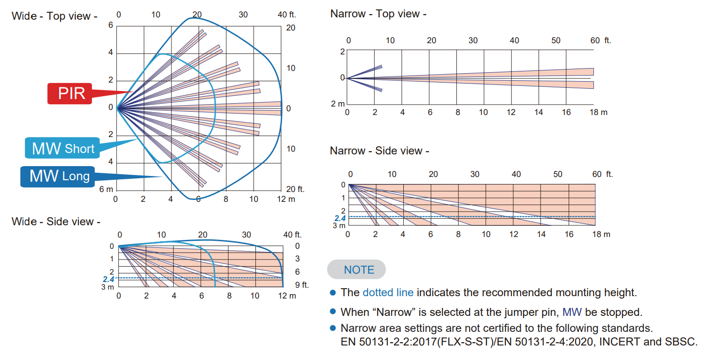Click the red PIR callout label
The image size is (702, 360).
tap(71, 93)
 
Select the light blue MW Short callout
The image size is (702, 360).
tap(63, 149)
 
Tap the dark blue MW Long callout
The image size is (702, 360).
tap(59, 176)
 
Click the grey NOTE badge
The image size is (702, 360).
tap(359, 270)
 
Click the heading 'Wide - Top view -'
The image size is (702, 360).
tap(54, 16)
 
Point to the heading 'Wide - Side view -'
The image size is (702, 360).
tap(56, 222)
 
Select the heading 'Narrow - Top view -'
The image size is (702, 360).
tap(378, 14)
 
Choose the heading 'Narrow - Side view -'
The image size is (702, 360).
tap(379, 151)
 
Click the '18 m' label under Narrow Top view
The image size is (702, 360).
tap(599, 112)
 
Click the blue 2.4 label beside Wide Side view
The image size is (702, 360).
tap(108, 279)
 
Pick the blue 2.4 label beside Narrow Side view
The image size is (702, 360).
tap(340, 218)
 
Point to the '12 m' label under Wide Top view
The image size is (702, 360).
tap(286, 199)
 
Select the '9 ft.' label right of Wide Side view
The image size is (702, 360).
tap(301, 284)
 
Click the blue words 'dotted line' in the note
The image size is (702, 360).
tap(388, 292)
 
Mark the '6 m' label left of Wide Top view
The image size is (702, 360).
tap(107, 189)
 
